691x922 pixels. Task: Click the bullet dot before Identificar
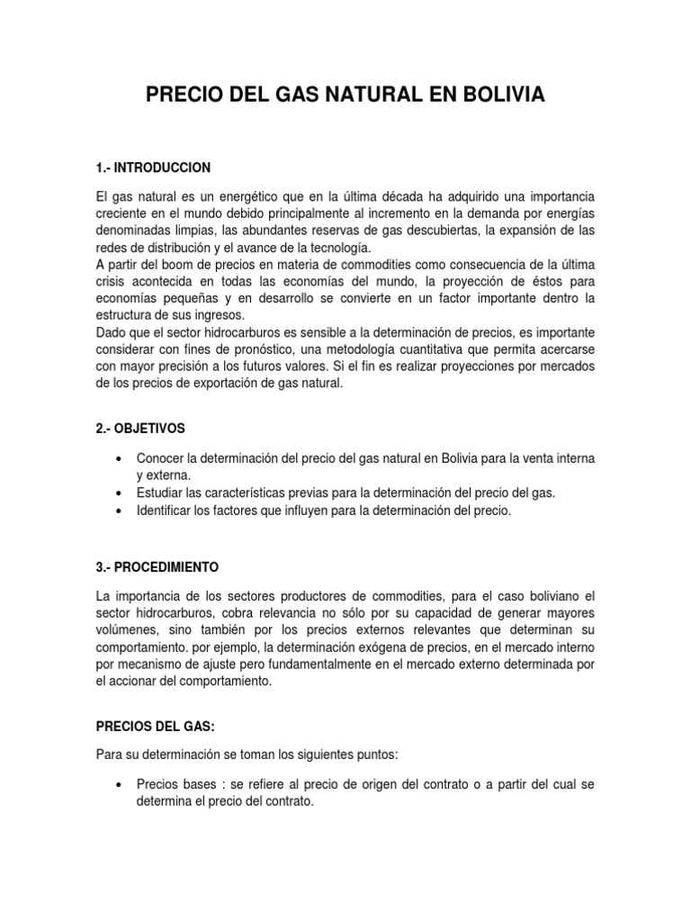119,511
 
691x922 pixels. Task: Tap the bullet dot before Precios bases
119,785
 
